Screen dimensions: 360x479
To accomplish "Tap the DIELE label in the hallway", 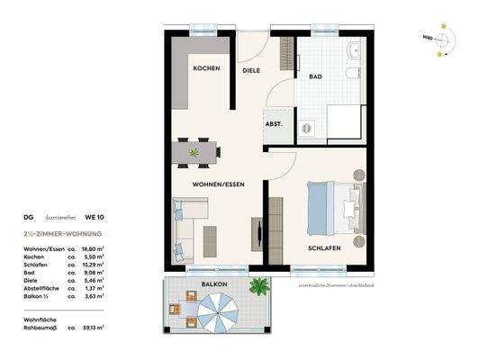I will click(x=251, y=69).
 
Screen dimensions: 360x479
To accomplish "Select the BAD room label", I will click(x=316, y=76).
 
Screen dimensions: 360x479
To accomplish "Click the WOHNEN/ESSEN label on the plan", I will click(x=218, y=184).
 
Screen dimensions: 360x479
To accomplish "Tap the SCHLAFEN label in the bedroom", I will click(x=321, y=247).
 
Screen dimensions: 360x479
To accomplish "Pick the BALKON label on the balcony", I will click(x=213, y=284).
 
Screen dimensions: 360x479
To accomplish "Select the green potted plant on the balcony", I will click(x=259, y=287).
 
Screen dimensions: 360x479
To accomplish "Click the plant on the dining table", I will click(x=195, y=154).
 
